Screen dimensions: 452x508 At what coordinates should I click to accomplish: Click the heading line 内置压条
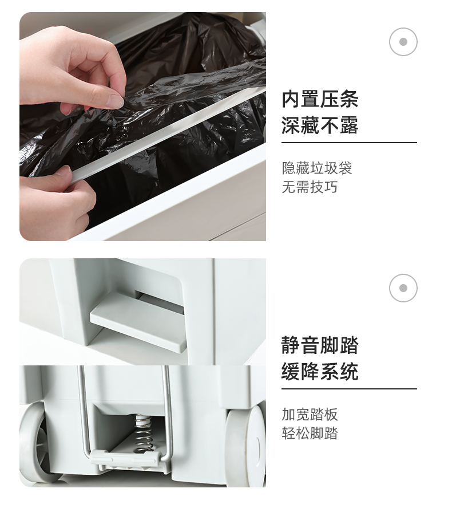click(x=320, y=99)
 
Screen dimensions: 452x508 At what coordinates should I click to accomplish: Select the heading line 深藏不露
click(x=320, y=125)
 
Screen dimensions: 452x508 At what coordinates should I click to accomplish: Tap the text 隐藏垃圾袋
click(x=317, y=168)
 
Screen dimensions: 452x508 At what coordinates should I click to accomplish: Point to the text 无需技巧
click(x=310, y=187)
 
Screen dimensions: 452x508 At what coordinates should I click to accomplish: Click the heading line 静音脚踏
click(x=320, y=345)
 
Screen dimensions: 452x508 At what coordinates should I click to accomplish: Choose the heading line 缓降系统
click(x=320, y=371)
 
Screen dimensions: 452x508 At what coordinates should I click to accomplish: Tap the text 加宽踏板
click(x=310, y=415)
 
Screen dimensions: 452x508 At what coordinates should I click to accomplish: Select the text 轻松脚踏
click(x=310, y=433)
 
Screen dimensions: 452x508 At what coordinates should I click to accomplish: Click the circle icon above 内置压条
click(x=403, y=42)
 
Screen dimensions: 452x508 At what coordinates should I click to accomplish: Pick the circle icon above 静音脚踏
click(x=403, y=288)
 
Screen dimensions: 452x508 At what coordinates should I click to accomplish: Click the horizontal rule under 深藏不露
click(x=349, y=142)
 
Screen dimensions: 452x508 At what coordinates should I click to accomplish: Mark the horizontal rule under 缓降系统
click(x=349, y=388)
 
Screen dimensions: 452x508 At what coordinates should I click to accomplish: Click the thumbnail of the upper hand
click(x=114, y=101)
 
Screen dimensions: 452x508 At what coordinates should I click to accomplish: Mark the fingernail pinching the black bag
click(x=114, y=101)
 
